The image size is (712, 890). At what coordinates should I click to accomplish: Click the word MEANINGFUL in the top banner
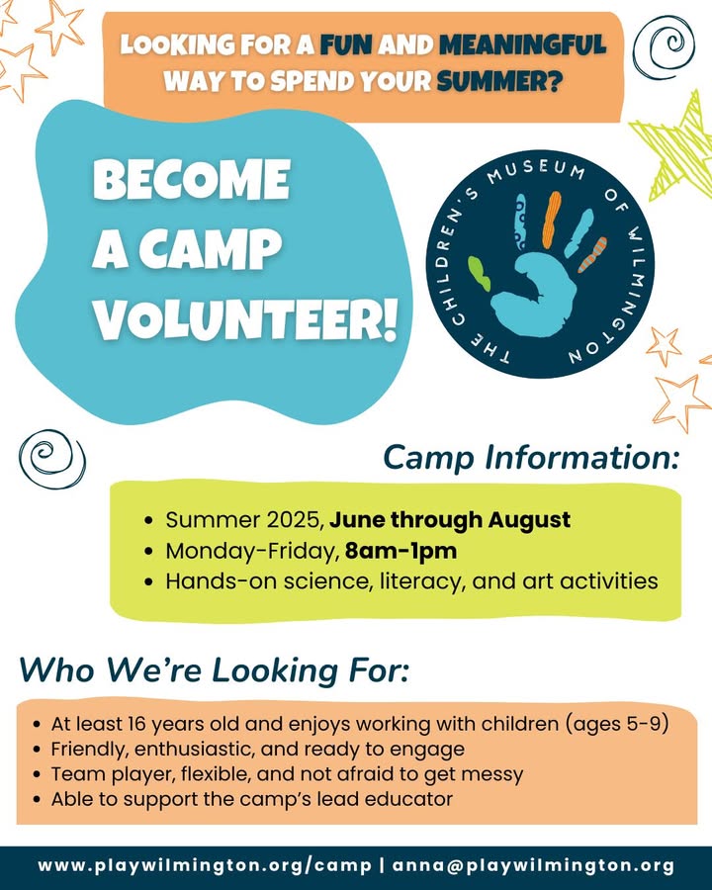click(522, 44)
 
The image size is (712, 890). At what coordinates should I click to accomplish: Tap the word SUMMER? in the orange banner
click(499, 82)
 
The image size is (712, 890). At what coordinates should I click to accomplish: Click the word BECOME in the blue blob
click(192, 179)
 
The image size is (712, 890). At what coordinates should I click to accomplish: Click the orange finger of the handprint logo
click(552, 220)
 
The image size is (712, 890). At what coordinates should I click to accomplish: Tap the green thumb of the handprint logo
click(480, 274)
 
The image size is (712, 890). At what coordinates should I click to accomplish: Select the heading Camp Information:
click(531, 458)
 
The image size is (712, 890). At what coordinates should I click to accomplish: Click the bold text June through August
click(450, 520)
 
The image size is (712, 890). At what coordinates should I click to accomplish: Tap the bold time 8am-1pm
click(400, 551)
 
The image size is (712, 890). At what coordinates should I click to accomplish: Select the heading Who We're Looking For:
click(214, 669)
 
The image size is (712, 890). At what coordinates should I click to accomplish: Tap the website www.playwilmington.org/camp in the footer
click(205, 866)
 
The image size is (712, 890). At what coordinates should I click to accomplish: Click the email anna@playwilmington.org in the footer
click(533, 866)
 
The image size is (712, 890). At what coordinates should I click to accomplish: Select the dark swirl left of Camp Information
click(51, 459)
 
